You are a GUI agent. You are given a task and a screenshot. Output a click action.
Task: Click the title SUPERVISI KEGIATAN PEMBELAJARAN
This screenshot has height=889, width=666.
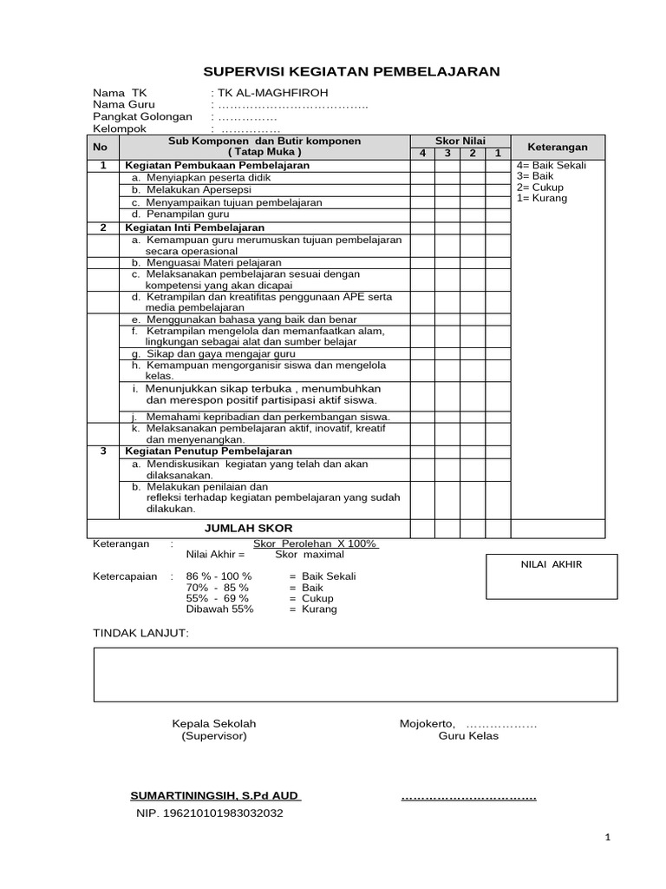click(351, 71)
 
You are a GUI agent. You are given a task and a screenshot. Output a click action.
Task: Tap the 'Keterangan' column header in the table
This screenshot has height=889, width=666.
click(558, 148)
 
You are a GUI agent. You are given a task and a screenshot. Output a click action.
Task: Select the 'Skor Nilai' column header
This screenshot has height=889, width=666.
click(460, 141)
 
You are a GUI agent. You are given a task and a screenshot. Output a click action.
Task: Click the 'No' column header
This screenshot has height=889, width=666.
click(101, 148)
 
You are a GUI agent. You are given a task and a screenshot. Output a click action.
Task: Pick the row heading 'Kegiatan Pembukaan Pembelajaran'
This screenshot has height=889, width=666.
click(217, 165)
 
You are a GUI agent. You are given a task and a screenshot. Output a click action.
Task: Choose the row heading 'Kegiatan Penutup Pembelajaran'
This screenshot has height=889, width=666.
click(208, 451)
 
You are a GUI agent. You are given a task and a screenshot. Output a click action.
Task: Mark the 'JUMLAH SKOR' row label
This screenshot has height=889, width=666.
click(248, 528)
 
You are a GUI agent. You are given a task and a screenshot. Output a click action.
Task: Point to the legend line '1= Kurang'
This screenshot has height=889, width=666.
click(542, 199)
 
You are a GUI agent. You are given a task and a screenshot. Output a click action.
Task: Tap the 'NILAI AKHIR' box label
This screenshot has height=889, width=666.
click(551, 564)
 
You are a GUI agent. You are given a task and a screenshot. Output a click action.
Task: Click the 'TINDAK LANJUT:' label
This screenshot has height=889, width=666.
click(140, 633)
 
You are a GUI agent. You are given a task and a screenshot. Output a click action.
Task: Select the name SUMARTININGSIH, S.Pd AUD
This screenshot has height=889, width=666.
click(215, 795)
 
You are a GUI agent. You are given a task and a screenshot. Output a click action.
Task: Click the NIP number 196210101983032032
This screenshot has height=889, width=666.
click(209, 813)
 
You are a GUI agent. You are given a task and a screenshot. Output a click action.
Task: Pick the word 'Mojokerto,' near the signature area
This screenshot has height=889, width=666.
click(427, 723)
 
